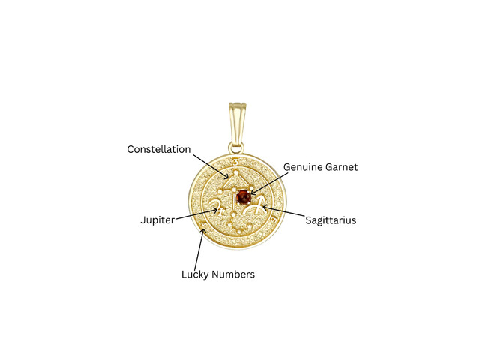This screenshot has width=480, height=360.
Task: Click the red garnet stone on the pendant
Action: (x=243, y=197)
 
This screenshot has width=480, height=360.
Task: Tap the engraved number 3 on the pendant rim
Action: (x=235, y=162)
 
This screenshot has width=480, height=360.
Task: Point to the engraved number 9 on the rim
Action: (x=274, y=220)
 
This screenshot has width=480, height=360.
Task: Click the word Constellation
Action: (x=159, y=149)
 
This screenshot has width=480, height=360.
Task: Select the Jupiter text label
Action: (x=157, y=220)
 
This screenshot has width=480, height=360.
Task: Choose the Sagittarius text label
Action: (x=331, y=220)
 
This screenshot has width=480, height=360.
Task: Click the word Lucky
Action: (x=196, y=274)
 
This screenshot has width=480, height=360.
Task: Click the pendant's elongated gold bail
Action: (x=237, y=125)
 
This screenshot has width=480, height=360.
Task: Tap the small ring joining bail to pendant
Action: (x=236, y=148)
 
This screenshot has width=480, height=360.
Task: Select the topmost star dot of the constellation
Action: (x=236, y=173)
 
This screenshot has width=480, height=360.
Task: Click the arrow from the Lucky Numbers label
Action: (x=199, y=249)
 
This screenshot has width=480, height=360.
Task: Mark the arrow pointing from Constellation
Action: (x=211, y=166)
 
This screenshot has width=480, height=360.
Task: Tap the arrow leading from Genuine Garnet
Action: (x=268, y=184)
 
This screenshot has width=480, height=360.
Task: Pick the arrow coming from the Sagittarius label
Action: (x=283, y=211)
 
